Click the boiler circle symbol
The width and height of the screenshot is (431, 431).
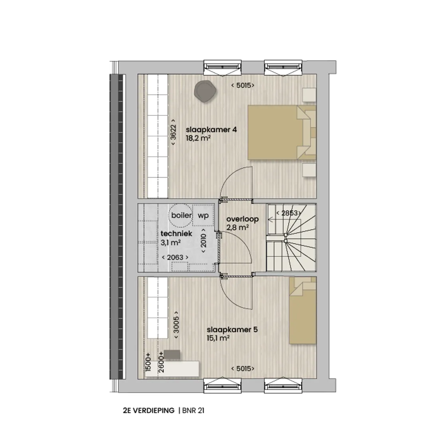(181, 215)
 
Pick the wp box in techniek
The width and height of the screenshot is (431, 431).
(203, 215)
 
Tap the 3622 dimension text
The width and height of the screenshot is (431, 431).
(173, 132)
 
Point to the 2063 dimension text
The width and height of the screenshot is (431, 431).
(175, 257)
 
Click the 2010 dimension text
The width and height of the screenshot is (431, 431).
(204, 241)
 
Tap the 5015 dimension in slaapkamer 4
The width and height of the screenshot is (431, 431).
(243, 85)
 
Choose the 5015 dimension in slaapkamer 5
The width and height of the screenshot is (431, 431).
(243, 369)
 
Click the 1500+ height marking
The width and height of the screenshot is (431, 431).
(148, 362)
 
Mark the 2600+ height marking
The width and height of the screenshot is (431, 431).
(161, 362)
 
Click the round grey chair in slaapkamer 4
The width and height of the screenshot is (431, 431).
(205, 91)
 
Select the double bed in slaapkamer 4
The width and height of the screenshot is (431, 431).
(282, 132)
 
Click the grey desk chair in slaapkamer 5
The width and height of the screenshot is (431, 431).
(172, 355)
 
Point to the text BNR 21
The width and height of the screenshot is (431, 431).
(194, 410)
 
